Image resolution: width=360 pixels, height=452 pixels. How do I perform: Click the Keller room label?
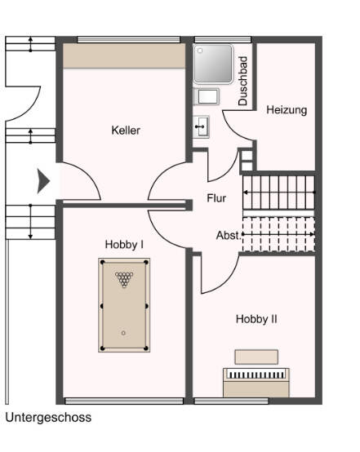point(126,130)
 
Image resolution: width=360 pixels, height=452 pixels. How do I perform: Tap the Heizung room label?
point(287,110)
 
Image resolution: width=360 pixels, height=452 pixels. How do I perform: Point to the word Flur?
point(217,198)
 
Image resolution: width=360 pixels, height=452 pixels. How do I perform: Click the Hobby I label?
point(124,244)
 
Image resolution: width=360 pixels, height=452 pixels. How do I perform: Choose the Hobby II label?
point(256,319)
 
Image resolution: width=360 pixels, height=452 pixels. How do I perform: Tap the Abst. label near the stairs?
point(228,235)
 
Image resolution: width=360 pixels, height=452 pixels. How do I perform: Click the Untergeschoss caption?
point(48,417)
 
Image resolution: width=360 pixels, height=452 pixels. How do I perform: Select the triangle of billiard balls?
point(124,280)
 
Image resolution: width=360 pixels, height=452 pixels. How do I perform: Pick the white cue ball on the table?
point(124,333)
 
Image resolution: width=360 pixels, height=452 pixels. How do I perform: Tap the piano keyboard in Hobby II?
point(256,374)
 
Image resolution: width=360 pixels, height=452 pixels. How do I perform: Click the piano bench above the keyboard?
point(256,357)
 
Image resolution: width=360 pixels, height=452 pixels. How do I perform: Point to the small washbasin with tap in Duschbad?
point(202,126)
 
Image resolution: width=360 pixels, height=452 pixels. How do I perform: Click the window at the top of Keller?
point(128,39)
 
